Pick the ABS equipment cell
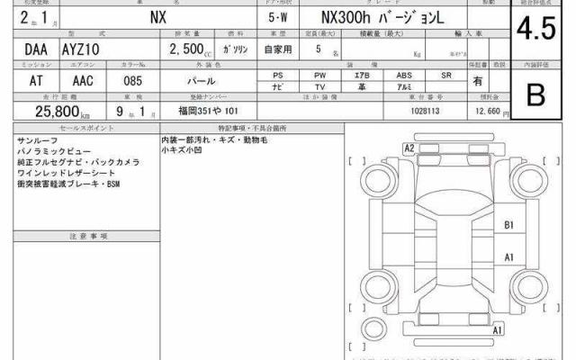pos(404,75)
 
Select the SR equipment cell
pos(446,75)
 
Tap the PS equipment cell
pos(277,75)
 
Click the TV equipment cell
pos(319,87)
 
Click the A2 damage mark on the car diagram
pos(409,148)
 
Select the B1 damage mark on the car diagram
pos(508,225)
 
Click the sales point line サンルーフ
pos(33,142)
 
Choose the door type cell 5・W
pos(278,18)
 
